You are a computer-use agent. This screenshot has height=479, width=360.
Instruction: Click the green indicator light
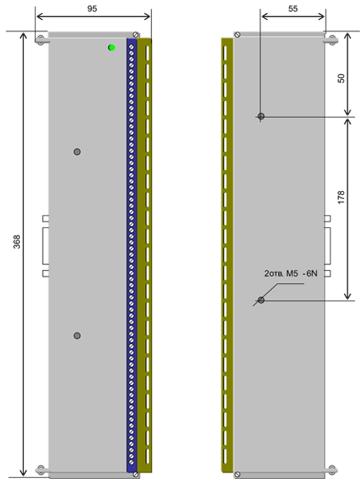pos(112,47)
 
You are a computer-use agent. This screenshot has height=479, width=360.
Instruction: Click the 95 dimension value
pos(92,8)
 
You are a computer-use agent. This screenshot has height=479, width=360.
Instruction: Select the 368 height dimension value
pos(17,242)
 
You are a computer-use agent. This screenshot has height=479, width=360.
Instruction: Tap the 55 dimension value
pos(293,8)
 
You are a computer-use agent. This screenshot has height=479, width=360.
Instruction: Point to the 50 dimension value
pos(341,78)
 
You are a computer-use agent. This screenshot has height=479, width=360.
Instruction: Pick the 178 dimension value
pos(341,197)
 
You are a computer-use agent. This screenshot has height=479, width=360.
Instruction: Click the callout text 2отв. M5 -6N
pos(291,274)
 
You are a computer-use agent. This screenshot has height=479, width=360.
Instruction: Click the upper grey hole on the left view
pos(77,151)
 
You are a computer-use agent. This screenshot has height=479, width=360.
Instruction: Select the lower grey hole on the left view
pos(77,336)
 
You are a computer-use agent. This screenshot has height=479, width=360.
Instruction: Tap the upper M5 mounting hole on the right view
pos(261,116)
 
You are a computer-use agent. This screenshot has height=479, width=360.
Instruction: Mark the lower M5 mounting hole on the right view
pos(261,300)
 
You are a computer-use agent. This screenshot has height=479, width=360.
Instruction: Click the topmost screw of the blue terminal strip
pos(131,47)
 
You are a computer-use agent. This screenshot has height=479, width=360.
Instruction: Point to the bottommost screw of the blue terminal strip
pos(131,462)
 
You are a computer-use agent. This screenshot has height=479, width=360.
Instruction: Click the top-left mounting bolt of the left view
pos(40,40)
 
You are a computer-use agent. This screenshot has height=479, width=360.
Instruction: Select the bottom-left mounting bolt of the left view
pos(40,470)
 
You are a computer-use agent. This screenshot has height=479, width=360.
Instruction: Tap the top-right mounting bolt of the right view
pos(332,40)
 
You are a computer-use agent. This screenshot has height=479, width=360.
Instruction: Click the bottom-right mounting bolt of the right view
pos(332,470)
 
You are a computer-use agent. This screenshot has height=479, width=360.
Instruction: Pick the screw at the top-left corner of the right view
pos(237,34)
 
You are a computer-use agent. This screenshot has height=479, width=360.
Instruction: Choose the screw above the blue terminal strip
pos(136,34)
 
